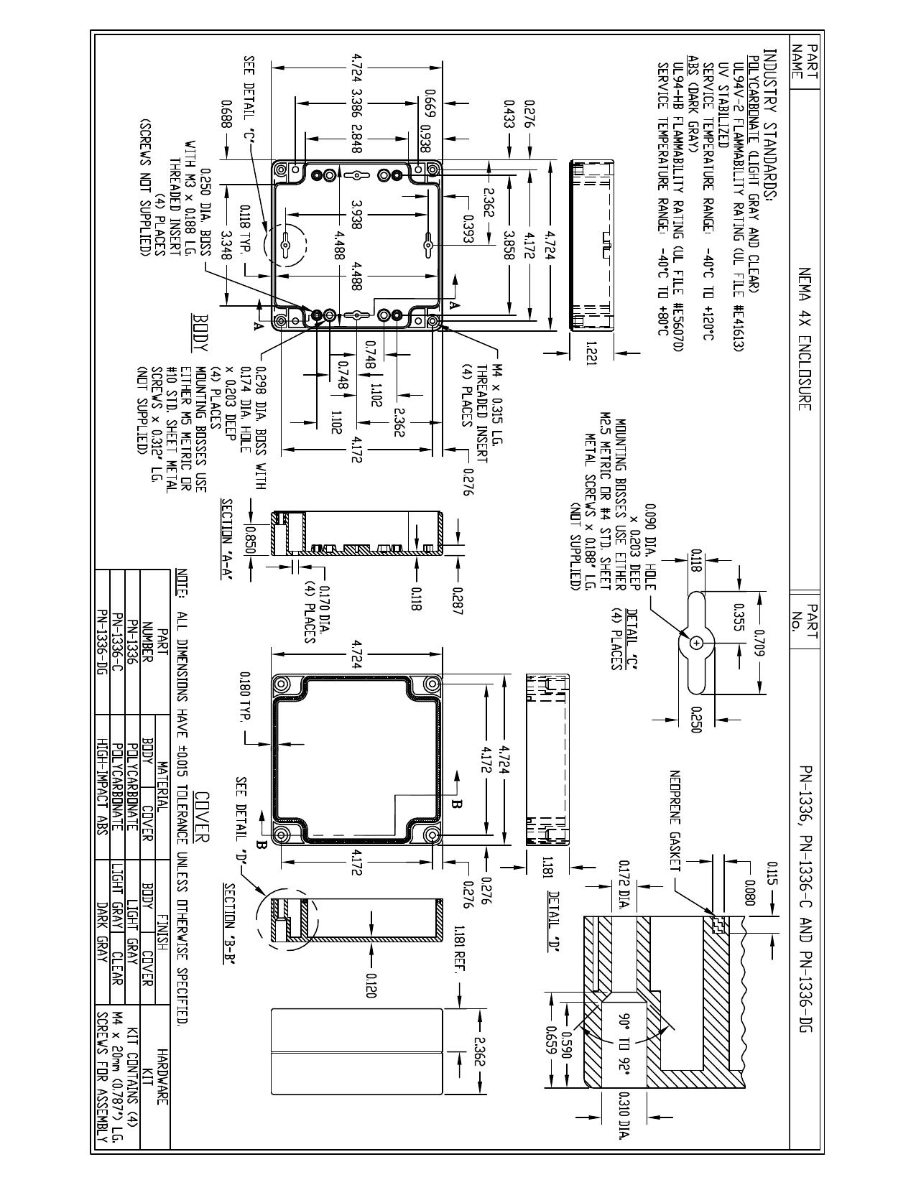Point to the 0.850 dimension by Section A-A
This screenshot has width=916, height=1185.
coord(251,539)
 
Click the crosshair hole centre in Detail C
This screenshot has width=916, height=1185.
coord(696,643)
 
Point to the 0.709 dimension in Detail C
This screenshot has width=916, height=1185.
coord(759,643)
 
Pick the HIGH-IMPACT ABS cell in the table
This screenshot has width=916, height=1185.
coord(101,785)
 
